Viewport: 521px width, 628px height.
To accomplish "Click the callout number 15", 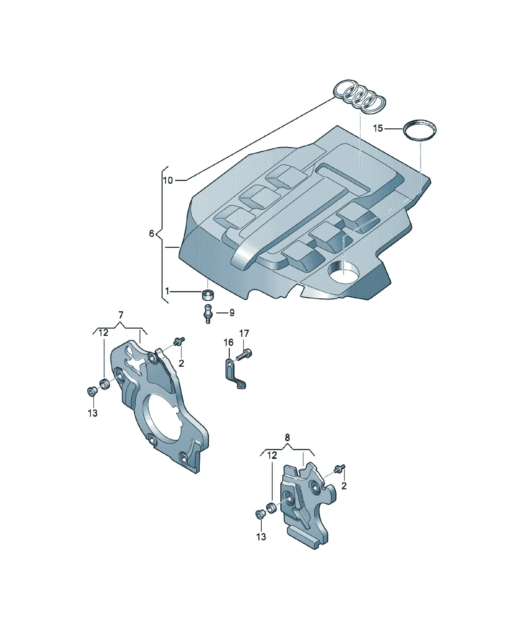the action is tap(378, 128).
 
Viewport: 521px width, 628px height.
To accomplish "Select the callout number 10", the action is tap(168, 180).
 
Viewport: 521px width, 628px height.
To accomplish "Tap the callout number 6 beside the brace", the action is tap(151, 234).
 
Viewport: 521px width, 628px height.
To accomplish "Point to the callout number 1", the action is tap(167, 291).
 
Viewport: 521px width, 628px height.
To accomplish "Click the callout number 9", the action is tap(232, 313).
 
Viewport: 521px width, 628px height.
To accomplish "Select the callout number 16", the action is tap(229, 342).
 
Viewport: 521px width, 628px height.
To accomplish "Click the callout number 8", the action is tap(287, 438).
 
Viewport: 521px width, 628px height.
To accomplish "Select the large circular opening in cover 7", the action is tap(160, 418).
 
